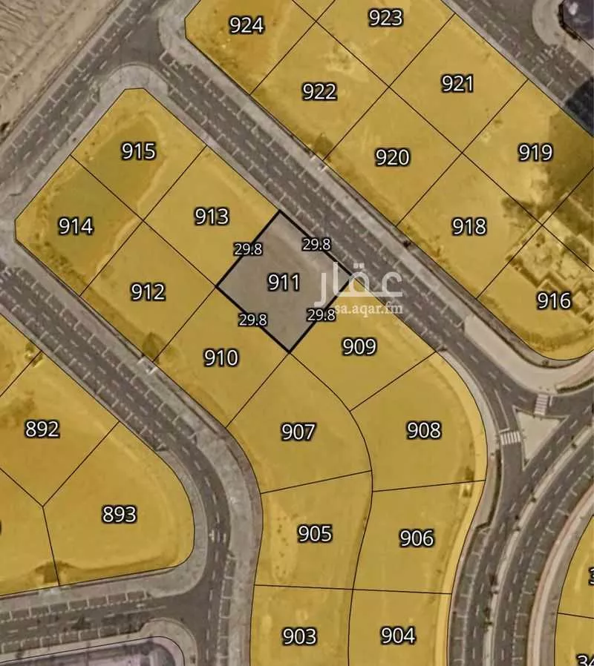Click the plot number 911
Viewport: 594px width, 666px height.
[x=284, y=282]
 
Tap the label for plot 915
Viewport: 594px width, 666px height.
[x=139, y=151]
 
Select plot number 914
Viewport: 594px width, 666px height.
[x=76, y=225]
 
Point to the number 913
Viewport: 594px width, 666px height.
[x=212, y=217]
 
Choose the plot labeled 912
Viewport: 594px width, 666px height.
[x=148, y=292]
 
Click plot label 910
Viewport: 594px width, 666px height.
[x=221, y=358]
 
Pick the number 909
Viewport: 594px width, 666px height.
[x=359, y=346]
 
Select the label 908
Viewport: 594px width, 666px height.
[x=424, y=430]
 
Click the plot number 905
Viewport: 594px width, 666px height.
[x=314, y=533]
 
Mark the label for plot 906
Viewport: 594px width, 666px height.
[x=417, y=538]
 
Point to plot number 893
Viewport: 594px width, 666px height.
[x=119, y=514]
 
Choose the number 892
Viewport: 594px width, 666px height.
[x=42, y=429]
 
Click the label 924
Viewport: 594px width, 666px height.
[x=246, y=25]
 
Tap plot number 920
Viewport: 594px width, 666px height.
[x=392, y=157]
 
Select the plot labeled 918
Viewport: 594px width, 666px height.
[x=469, y=226]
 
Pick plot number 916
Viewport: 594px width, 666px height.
[x=554, y=300]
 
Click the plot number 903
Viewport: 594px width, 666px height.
[x=299, y=636]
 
